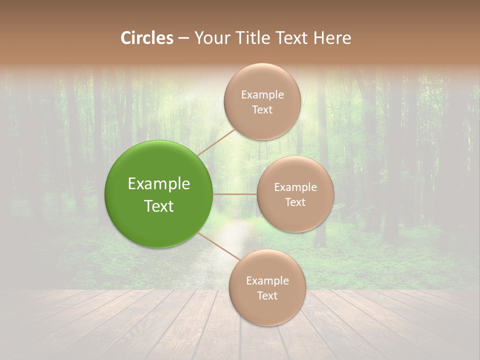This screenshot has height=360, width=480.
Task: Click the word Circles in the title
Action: pyautogui.click(x=147, y=38)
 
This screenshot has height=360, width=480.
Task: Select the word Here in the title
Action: pyautogui.click(x=332, y=38)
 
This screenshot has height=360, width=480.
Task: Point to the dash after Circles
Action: pyautogui.click(x=183, y=39)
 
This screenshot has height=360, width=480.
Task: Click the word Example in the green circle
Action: pyautogui.click(x=158, y=184)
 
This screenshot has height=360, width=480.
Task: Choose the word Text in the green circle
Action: pyautogui.click(x=158, y=206)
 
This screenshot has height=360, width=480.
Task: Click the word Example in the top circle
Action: pyautogui.click(x=262, y=95)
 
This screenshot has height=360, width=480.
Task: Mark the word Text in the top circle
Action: pyautogui.click(x=262, y=110)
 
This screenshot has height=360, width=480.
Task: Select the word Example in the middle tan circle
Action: pyautogui.click(x=295, y=187)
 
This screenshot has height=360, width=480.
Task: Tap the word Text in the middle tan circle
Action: pyautogui.click(x=295, y=202)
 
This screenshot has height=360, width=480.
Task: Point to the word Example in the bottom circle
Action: pyautogui.click(x=267, y=281)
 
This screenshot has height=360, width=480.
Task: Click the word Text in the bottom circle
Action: pyautogui.click(x=267, y=296)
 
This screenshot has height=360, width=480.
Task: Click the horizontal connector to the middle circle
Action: pyautogui.click(x=235, y=194)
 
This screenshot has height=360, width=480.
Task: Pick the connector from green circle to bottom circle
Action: pyautogui.click(x=219, y=247)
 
